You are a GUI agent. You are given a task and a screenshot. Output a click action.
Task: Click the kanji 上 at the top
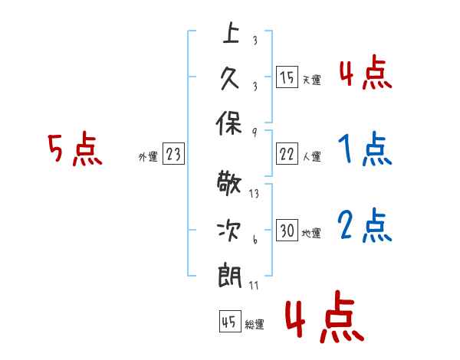[231, 32]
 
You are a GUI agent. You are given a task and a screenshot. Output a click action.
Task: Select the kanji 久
[230, 79]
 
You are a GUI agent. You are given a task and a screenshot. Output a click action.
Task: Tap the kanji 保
[228, 123]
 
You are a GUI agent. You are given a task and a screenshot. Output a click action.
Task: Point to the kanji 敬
[229, 182]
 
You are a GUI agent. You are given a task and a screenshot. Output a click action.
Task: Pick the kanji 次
[229, 231]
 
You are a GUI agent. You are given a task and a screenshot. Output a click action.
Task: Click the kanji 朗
[230, 275]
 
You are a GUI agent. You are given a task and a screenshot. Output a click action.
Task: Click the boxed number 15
[287, 77]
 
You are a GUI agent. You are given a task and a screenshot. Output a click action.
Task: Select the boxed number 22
[287, 154]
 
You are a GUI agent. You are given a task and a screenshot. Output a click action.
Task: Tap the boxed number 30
[287, 230]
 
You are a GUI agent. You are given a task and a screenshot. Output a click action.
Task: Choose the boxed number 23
[173, 153]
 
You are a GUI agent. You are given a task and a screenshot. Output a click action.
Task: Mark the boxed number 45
[230, 321]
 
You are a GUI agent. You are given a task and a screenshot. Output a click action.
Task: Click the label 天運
[311, 80]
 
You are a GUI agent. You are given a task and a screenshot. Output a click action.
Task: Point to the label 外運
[148, 156]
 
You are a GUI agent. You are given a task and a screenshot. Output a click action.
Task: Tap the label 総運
[255, 325]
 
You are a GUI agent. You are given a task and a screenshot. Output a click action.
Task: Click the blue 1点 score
[365, 149]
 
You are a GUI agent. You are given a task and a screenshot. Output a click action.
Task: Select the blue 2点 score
[365, 225]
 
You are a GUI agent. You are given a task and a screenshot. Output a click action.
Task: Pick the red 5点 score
[75, 149]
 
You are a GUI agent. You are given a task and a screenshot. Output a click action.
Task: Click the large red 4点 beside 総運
[325, 317]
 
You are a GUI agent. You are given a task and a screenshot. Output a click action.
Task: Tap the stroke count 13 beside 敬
[254, 194]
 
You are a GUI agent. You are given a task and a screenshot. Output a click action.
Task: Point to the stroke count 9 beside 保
[255, 133]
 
